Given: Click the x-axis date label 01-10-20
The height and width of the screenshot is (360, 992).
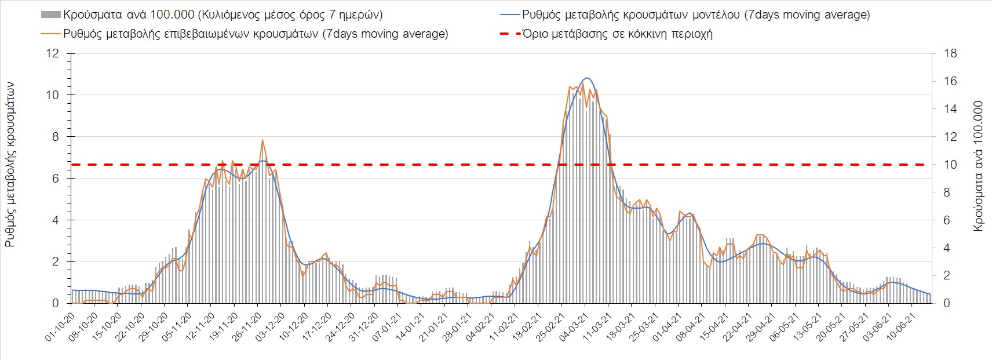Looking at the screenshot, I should (59, 329).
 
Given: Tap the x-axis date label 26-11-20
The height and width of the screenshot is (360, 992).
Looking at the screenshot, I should (246, 329).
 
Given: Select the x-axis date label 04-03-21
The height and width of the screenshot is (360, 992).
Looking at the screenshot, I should (572, 329).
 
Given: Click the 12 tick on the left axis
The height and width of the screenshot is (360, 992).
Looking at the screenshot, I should (53, 54).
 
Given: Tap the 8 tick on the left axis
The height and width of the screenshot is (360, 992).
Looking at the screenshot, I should (56, 137).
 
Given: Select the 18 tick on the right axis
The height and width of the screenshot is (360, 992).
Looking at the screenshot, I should (950, 54).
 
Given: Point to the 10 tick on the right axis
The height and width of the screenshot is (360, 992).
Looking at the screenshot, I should (950, 165).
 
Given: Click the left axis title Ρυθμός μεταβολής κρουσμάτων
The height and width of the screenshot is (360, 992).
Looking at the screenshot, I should (10, 165).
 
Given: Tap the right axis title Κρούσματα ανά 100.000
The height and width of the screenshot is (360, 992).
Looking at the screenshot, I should (978, 167).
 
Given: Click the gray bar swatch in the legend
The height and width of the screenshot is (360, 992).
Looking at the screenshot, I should (50, 14).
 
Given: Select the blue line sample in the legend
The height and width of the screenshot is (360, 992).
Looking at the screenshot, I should (509, 14).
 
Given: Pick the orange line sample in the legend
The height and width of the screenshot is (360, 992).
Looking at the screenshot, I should (50, 34).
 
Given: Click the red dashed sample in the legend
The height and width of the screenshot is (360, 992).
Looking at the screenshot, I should (509, 34).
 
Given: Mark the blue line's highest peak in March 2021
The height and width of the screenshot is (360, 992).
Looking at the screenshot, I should (586, 78).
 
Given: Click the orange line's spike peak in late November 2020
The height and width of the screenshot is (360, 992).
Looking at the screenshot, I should (262, 140).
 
